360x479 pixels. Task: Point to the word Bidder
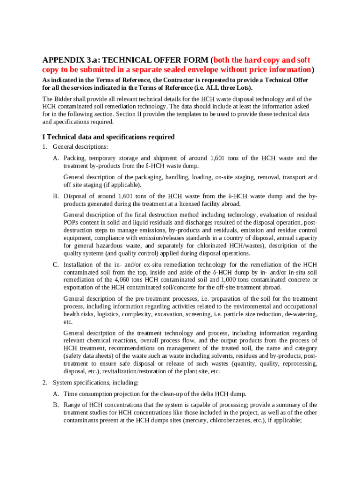[63, 99]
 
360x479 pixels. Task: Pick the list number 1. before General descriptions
[44, 147]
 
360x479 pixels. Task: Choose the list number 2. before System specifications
[44, 383]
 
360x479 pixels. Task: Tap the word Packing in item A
[74, 158]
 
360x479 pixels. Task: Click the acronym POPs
[72, 222]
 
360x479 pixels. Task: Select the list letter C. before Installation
[56, 265]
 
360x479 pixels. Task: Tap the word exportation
[79, 287]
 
